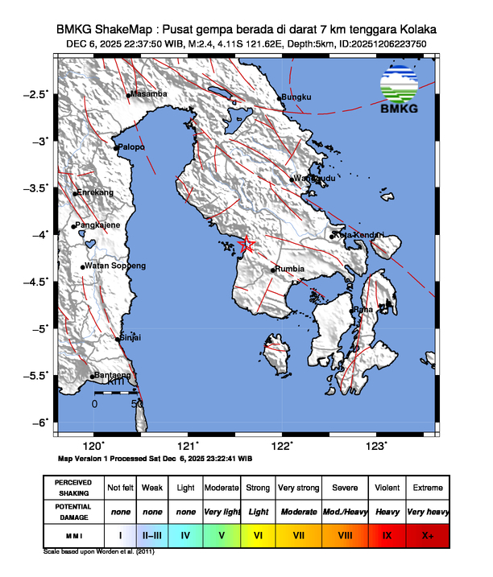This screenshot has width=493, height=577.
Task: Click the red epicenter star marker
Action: (x=247, y=245)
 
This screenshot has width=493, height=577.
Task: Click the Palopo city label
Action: (x=131, y=147)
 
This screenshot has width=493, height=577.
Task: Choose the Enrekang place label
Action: (x=95, y=193)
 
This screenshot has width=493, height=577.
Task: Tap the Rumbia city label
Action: (x=289, y=270)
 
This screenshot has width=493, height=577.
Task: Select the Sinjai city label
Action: (x=130, y=338)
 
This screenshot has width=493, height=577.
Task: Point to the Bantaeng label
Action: (x=113, y=375)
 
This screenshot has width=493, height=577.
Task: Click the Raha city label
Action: (x=363, y=309)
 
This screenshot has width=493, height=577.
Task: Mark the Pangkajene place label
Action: (x=98, y=225)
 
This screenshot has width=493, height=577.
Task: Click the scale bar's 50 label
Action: (x=138, y=403)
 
